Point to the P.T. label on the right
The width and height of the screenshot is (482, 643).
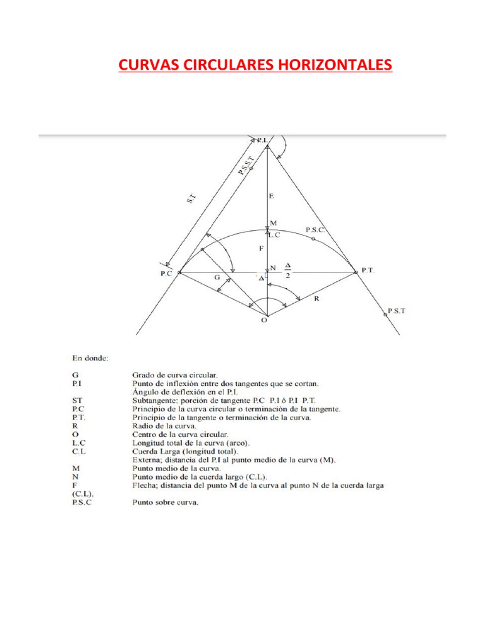tap(368, 271)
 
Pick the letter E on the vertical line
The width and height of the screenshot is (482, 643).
tap(271, 197)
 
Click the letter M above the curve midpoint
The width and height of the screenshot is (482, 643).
tap(273, 223)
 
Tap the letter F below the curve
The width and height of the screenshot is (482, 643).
tap(260, 249)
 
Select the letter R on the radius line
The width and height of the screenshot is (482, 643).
tap(317, 300)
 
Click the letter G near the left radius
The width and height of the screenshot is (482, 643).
tap(217, 277)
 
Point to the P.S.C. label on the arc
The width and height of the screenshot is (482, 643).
tap(316, 230)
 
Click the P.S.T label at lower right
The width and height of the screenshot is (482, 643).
tap(397, 310)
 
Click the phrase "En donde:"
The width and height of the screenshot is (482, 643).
tap(91, 359)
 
